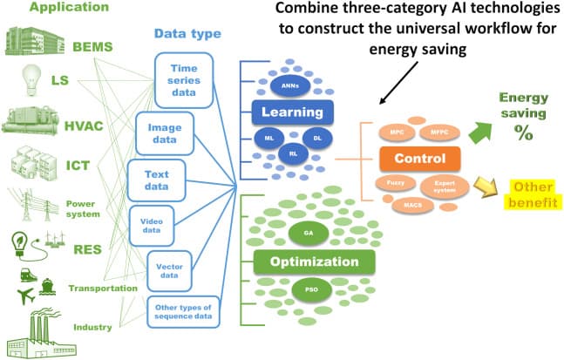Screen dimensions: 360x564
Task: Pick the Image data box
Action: [x=164, y=132]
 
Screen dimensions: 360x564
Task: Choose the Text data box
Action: [x=157, y=179]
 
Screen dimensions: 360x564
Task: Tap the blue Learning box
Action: [x=294, y=112]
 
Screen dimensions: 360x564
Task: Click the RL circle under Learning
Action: [x=294, y=148]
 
